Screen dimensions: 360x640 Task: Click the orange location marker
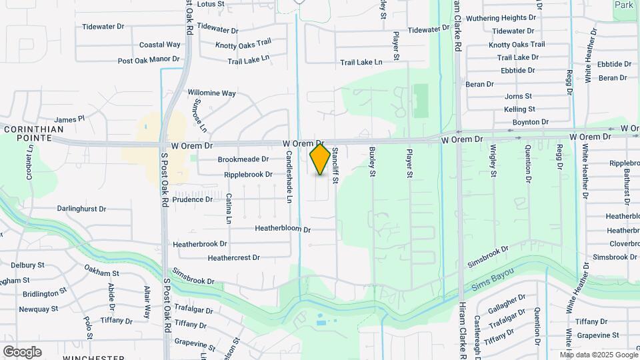pyautogui.click(x=320, y=159)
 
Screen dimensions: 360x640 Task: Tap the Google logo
pyautogui.click(x=22, y=352)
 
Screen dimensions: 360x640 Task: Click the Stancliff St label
pyautogui.click(x=336, y=165)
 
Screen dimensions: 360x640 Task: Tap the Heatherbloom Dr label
pyautogui.click(x=283, y=229)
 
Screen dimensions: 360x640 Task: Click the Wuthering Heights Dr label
pyautogui.click(x=501, y=18)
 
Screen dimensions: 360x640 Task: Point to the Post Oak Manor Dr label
pyautogui.click(x=149, y=60)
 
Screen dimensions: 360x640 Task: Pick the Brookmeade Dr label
pyautogui.click(x=243, y=159)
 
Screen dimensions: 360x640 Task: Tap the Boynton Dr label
pyautogui.click(x=530, y=122)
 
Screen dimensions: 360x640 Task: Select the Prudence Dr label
pyautogui.click(x=192, y=199)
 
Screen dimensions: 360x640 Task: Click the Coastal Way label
pyautogui.click(x=159, y=45)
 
